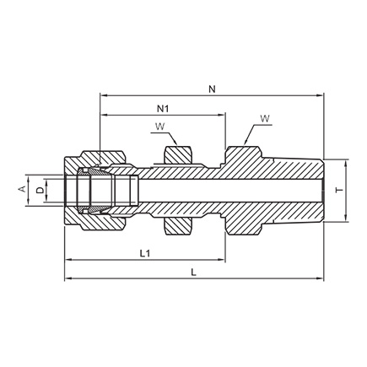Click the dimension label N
(212, 89)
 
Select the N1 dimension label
(163, 109)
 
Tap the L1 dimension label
(145, 253)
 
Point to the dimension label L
(193, 273)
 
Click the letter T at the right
(340, 191)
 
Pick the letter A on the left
(22, 189)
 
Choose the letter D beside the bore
(40, 191)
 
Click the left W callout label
(160, 127)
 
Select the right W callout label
(265, 118)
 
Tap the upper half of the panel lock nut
(178, 154)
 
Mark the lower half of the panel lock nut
(178, 227)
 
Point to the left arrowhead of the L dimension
(68, 278)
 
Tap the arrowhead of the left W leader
(175, 143)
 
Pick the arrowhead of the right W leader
(246, 142)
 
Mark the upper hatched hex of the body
(243, 158)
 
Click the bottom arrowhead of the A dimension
(28, 202)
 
